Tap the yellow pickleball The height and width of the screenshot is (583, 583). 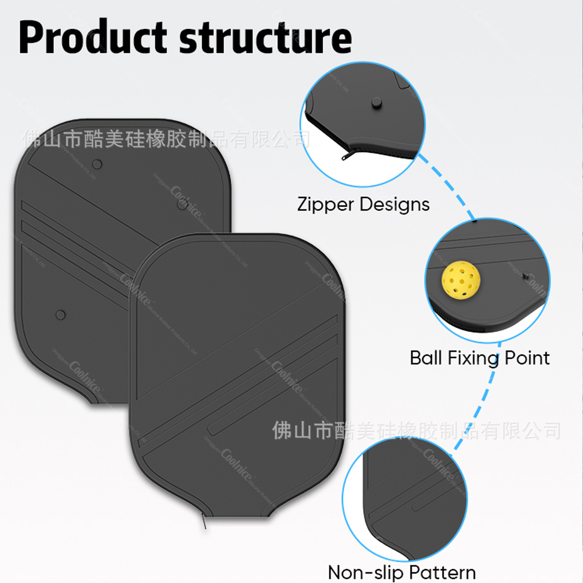point(461,280)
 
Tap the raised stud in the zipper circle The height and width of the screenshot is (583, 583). point(377,103)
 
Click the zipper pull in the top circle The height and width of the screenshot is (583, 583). point(347,156)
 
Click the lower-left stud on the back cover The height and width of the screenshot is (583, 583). point(60,315)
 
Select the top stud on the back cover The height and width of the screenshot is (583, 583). point(97,164)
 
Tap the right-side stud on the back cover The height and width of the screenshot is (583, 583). point(182,205)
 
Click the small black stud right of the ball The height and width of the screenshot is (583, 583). point(525,276)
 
